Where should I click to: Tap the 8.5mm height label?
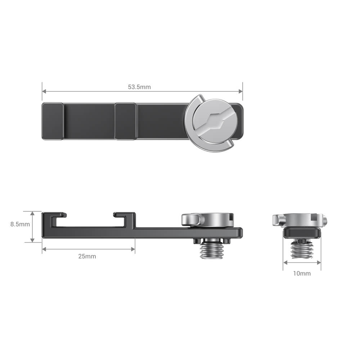[x=20, y=224]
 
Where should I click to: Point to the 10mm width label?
[x=302, y=273]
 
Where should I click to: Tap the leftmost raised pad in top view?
[x=53, y=121]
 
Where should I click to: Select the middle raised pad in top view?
[x=126, y=121]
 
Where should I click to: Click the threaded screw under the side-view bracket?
[x=210, y=249]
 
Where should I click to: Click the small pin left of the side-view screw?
[x=196, y=241]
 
